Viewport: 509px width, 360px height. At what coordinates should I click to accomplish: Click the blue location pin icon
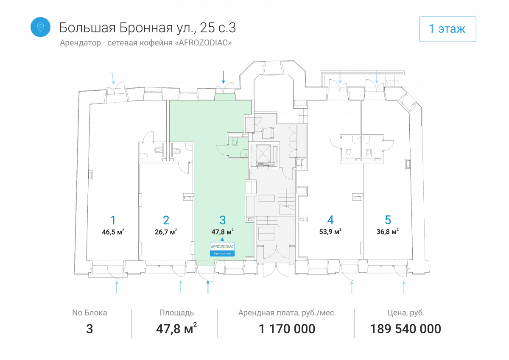[x=40, y=27]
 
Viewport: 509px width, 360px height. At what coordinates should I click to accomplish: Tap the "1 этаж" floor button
[x=447, y=29]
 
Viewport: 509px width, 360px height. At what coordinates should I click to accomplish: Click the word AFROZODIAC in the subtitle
[x=203, y=43]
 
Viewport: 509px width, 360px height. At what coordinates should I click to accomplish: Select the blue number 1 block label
[x=113, y=220]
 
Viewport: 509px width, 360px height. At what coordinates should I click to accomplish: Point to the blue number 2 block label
[x=166, y=220]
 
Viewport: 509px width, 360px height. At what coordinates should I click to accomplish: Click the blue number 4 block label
[x=330, y=220]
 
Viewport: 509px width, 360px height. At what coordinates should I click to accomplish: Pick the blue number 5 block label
[x=388, y=220]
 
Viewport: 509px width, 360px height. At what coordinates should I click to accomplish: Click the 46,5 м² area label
[x=113, y=232]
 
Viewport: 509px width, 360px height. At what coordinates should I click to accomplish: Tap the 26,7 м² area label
[x=166, y=232]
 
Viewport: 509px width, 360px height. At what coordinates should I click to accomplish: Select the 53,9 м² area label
[x=330, y=232]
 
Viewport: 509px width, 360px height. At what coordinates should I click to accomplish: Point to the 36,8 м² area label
[x=388, y=232]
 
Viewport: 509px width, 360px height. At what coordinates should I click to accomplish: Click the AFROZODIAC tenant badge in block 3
[x=222, y=249]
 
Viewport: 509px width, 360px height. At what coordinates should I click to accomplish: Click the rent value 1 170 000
[x=287, y=329]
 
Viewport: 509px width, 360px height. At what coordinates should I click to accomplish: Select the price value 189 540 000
[x=406, y=329]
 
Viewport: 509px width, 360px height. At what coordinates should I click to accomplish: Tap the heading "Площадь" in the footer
[x=176, y=313]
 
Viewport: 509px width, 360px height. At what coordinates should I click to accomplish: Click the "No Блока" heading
[x=89, y=313]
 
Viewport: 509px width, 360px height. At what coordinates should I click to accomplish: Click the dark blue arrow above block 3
[x=224, y=77]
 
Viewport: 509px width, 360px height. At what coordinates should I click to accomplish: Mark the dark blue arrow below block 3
[x=208, y=287]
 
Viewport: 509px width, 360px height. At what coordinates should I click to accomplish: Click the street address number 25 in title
[x=207, y=28]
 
